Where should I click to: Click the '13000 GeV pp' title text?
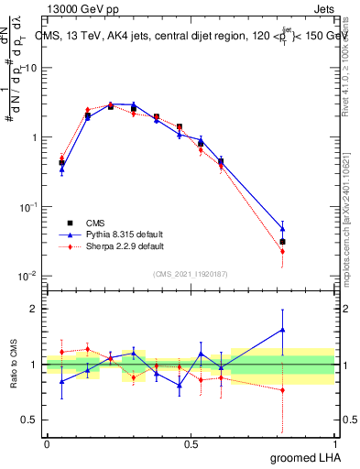coord(81,7)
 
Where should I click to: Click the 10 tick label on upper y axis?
coord(31,69)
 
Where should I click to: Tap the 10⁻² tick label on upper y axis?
coord(28,276)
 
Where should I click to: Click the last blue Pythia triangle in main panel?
coord(282,229)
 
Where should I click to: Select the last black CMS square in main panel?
coord(282,242)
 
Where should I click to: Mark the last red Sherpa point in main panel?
coord(282,251)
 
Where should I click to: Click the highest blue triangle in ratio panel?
coord(282,330)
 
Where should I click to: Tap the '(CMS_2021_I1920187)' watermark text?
coord(191,273)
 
